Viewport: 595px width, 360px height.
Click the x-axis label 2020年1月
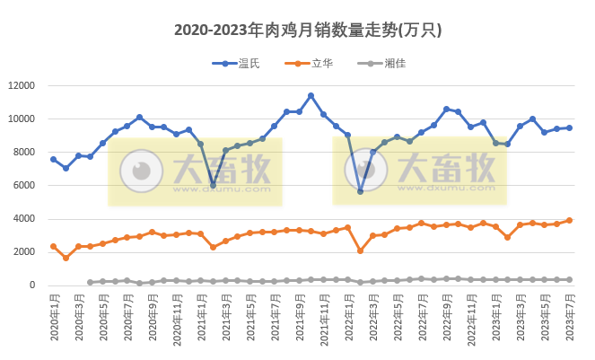coord(54,320)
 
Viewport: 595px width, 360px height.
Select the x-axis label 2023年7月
coord(570,320)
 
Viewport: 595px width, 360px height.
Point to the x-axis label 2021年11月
coord(324,320)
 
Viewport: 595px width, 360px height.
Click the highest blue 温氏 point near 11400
coord(311,96)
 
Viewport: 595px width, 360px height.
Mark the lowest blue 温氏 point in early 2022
coord(360,191)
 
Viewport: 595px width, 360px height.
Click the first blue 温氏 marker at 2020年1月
coord(54,160)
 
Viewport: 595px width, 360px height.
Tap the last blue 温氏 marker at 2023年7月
coord(569,128)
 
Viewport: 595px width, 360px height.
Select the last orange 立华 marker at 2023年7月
coord(569,221)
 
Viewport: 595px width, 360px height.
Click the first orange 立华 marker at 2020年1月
coord(54,246)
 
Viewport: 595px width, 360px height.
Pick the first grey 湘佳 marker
coord(90,282)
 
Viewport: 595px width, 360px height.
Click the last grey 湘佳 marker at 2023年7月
coord(569,279)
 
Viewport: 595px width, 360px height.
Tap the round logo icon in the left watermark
coord(138,171)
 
